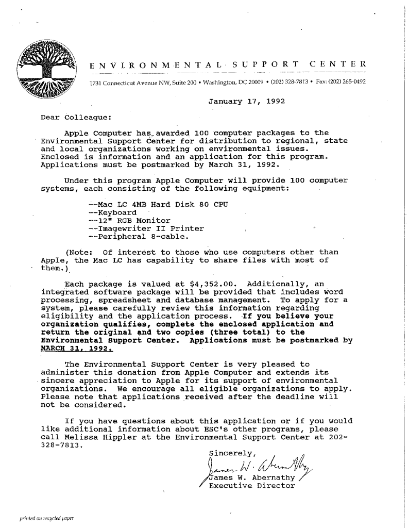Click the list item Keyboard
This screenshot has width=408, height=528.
(x=112, y=212)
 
